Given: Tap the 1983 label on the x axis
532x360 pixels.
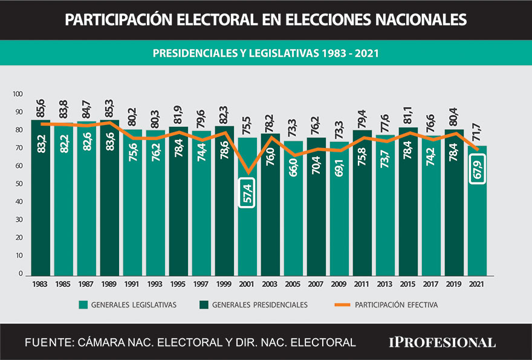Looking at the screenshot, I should pyautogui.click(x=41, y=283).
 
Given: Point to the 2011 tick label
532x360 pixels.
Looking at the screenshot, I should pyautogui.click(x=362, y=283).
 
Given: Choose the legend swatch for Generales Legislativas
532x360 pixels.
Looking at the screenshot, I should pyautogui.click(x=83, y=305).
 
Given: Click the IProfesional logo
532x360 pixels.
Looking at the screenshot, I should pyautogui.click(x=441, y=342).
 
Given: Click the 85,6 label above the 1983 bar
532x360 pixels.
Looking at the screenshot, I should pyautogui.click(x=41, y=108).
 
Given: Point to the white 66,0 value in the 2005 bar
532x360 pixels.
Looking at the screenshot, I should pyautogui.click(x=294, y=170).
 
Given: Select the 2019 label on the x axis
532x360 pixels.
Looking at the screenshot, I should pyautogui.click(x=454, y=283).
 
